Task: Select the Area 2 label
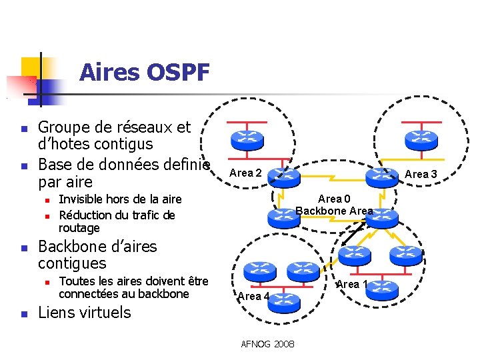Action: click(245, 173)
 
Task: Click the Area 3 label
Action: click(421, 174)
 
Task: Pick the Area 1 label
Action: click(352, 284)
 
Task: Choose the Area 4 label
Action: click(253, 296)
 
